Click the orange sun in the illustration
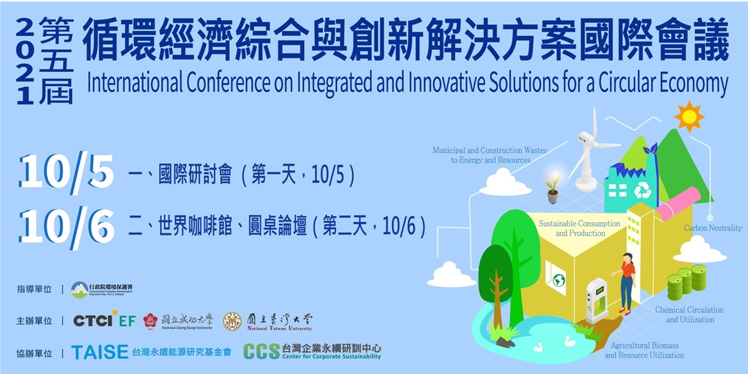tap(688, 116)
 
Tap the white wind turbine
tap(588, 152)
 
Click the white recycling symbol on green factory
tap(643, 190)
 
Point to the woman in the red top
tap(627, 281)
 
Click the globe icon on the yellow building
tap(558, 280)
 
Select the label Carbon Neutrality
tap(713, 228)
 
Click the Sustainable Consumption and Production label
tap(580, 229)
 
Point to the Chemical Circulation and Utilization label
tap(689, 315)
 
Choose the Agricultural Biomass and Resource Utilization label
tap(644, 350)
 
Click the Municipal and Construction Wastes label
tap(490, 155)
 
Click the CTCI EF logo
tap(105, 321)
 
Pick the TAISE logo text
tap(100, 352)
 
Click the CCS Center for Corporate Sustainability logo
tap(312, 352)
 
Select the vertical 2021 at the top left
tap(26, 62)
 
